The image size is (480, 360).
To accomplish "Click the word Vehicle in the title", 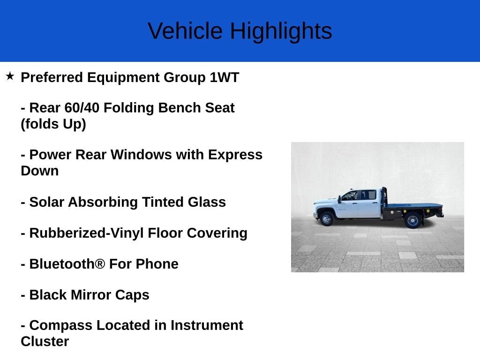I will [x=185, y=31].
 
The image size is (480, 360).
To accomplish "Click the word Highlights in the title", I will [x=281, y=31].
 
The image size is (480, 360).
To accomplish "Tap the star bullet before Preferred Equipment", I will [x=10, y=76].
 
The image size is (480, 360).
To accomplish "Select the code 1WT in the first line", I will [x=224, y=77].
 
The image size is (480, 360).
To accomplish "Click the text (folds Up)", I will [x=53, y=124].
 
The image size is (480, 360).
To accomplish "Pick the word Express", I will [x=235, y=155].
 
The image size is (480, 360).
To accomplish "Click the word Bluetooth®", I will [x=67, y=264].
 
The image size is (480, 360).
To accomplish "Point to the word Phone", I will [x=157, y=264].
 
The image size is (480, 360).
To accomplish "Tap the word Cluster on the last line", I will [x=45, y=341].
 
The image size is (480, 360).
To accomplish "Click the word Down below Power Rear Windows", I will [x=40, y=171].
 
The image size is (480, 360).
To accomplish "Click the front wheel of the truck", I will [x=327, y=218].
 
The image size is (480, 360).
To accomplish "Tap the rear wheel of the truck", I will [x=412, y=219].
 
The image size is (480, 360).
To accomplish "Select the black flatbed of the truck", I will [x=412, y=206].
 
